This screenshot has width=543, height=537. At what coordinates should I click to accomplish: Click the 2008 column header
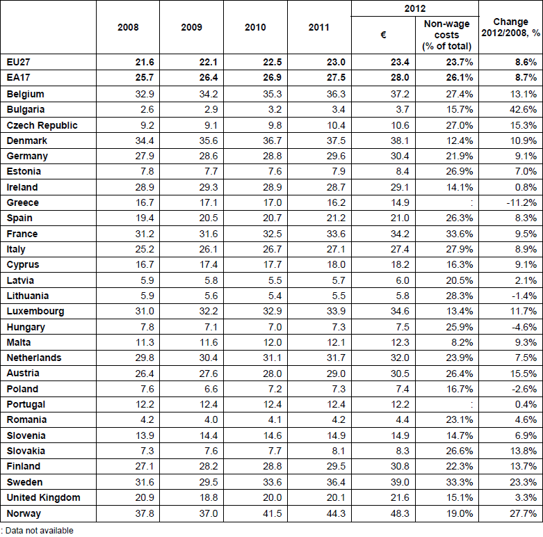[x=129, y=28]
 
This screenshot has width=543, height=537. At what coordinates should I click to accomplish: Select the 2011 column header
[x=318, y=28]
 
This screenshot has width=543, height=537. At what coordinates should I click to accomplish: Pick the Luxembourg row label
[x=35, y=311]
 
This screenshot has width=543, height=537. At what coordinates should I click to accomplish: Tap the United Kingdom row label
[x=43, y=497]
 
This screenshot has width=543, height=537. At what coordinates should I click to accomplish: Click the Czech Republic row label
[x=42, y=125]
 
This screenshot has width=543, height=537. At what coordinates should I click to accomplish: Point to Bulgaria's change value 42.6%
[x=522, y=109]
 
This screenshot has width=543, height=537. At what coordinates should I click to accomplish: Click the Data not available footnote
[x=38, y=530]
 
